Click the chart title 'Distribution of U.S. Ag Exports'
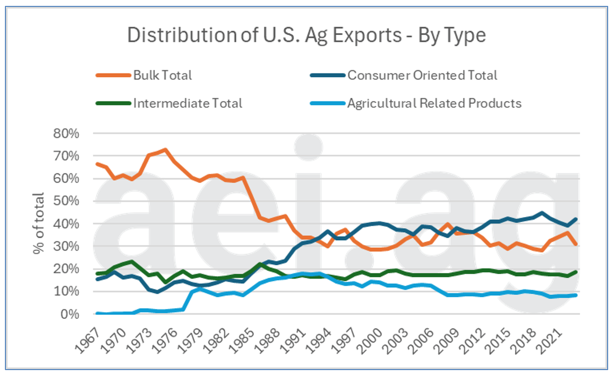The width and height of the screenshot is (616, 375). pos(306,35)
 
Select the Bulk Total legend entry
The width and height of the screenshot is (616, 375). pos(162,75)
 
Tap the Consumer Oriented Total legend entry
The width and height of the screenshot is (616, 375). pos(422,75)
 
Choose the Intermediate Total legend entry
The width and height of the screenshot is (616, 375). pos(187,103)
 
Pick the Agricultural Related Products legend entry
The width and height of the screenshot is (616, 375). pos(434,103)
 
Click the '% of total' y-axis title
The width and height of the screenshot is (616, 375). pos(39,224)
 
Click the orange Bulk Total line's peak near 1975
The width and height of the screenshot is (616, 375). pos(165,150)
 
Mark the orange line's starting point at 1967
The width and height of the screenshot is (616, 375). pos(97,164)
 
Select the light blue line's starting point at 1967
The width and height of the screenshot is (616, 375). pos(97,313)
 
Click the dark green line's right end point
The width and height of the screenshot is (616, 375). pos(576,272)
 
